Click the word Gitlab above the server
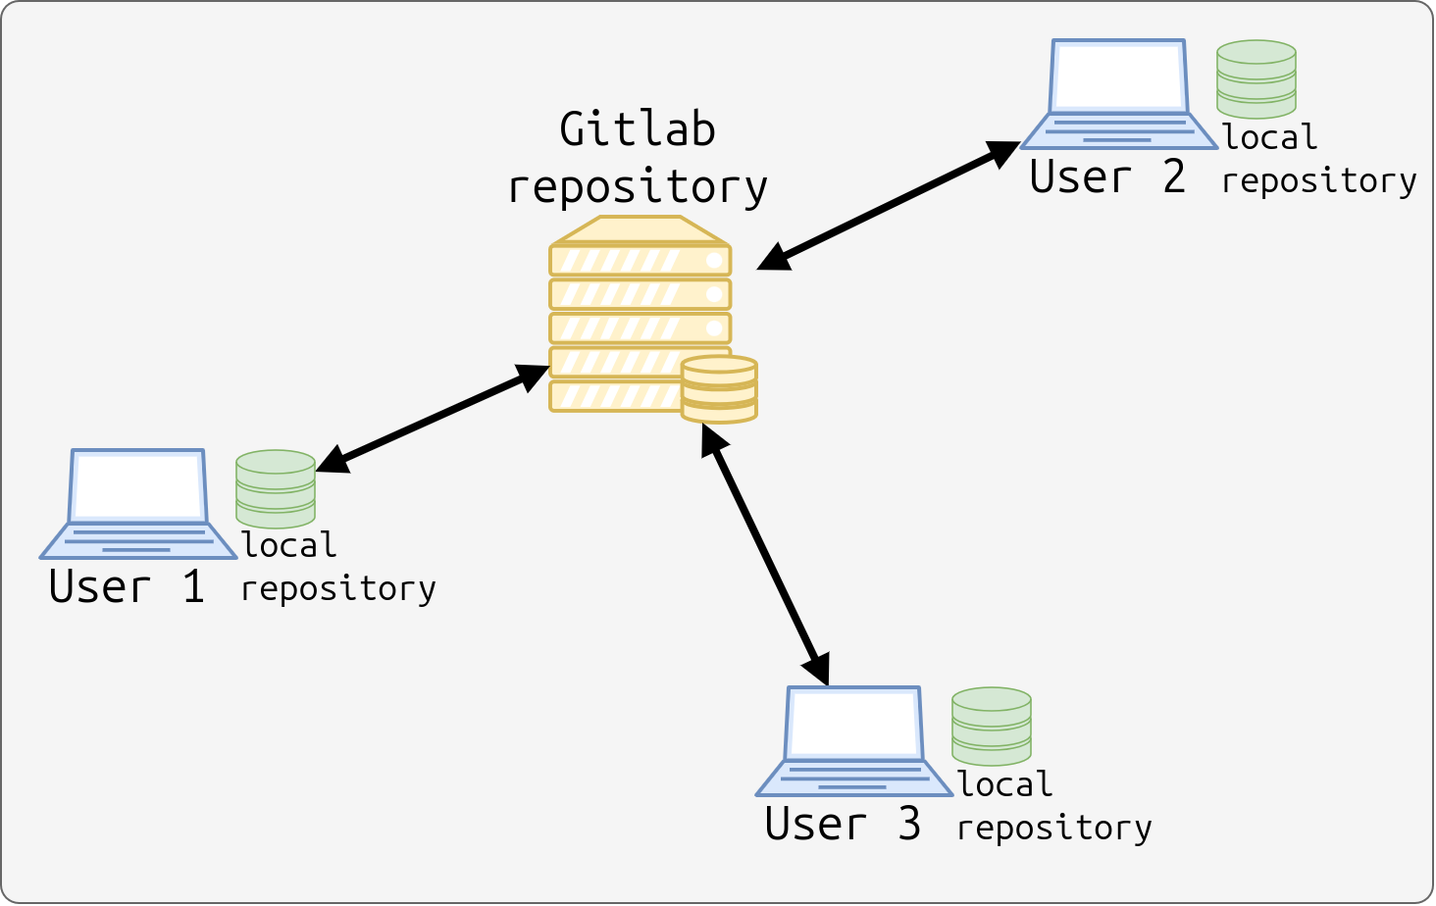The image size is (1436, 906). (638, 128)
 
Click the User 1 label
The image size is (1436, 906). (127, 586)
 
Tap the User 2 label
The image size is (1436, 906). (1107, 176)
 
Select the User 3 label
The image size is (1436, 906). (843, 824)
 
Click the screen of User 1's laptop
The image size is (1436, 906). (138, 486)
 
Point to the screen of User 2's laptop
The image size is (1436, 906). (1119, 76)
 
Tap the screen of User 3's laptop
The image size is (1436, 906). (854, 724)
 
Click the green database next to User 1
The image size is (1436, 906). (276, 489)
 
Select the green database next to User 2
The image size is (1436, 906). (1256, 79)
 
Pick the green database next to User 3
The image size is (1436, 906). (992, 727)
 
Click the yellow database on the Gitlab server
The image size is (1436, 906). (719, 389)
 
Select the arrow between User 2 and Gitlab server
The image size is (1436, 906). (889, 205)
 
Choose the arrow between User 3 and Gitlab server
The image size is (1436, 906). (765, 554)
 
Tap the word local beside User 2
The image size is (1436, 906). (1270, 136)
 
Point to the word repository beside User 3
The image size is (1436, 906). (1054, 828)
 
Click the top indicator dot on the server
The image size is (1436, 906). (715, 261)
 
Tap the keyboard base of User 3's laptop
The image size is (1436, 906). (854, 779)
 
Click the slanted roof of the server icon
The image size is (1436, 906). (641, 230)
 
